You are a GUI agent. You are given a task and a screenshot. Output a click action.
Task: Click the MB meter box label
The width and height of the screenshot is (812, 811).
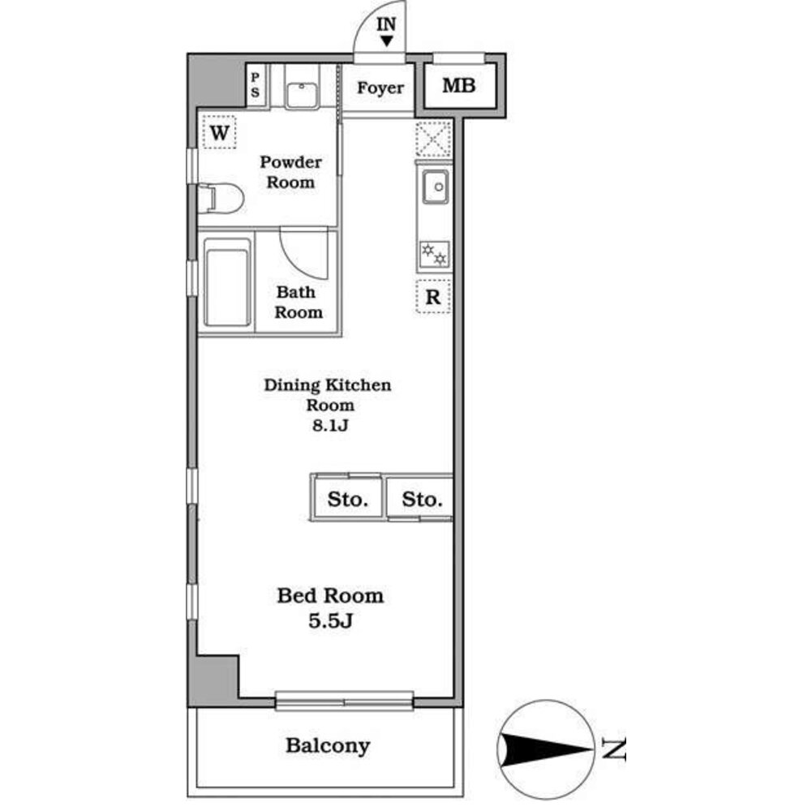(458, 85)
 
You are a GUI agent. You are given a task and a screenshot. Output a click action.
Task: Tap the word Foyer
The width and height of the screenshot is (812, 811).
(380, 88)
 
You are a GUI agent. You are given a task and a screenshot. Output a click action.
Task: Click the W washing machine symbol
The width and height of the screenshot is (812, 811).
(218, 131)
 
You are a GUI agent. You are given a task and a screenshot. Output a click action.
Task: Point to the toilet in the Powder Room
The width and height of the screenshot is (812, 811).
(221, 198)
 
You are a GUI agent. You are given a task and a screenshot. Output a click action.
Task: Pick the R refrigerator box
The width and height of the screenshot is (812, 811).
(433, 297)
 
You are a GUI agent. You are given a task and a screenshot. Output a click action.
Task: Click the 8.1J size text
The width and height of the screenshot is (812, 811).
(329, 424)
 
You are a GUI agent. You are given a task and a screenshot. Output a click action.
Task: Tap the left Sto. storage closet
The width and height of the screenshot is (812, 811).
(348, 499)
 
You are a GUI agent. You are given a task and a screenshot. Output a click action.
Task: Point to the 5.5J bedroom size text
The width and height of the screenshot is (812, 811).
(329, 622)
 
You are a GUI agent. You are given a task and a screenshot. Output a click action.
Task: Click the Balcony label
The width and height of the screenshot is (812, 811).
(327, 745)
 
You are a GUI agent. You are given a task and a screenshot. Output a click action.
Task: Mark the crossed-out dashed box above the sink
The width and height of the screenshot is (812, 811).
(433, 139)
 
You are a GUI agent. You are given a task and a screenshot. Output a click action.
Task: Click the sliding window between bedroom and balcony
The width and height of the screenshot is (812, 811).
(345, 700)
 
